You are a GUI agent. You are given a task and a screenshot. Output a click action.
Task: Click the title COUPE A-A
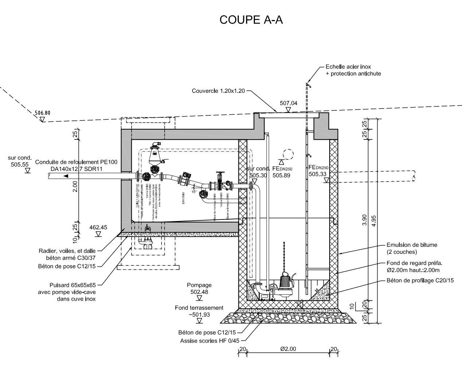click(251, 20)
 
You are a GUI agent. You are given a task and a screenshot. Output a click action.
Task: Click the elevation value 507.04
click(288, 103)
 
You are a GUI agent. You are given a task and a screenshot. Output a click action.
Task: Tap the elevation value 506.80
click(43, 113)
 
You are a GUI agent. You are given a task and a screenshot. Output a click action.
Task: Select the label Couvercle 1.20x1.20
click(218, 91)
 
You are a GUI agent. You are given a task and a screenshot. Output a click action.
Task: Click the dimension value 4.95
click(373, 221)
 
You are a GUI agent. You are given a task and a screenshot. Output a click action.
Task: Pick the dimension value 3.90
click(364, 221)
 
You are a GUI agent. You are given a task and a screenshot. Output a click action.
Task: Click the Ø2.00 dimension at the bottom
click(288, 349)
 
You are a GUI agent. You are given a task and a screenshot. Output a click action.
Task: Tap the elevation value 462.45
click(98, 228)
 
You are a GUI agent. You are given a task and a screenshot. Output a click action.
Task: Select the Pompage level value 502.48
click(199, 292)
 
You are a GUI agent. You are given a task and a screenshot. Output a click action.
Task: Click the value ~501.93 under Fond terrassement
click(199, 315)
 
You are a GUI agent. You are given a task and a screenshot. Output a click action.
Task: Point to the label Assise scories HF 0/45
click(210, 341)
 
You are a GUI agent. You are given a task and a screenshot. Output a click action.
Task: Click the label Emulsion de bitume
click(412, 245)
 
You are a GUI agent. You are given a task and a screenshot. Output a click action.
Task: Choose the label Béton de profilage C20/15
click(420, 280)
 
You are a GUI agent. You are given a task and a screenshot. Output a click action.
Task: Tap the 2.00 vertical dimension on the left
click(75, 186)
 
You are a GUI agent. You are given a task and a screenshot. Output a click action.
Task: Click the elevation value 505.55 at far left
click(20, 164)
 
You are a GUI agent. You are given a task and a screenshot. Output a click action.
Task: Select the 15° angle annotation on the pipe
click(194, 192)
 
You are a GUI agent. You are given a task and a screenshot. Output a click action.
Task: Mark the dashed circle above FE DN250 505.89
click(288, 154)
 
